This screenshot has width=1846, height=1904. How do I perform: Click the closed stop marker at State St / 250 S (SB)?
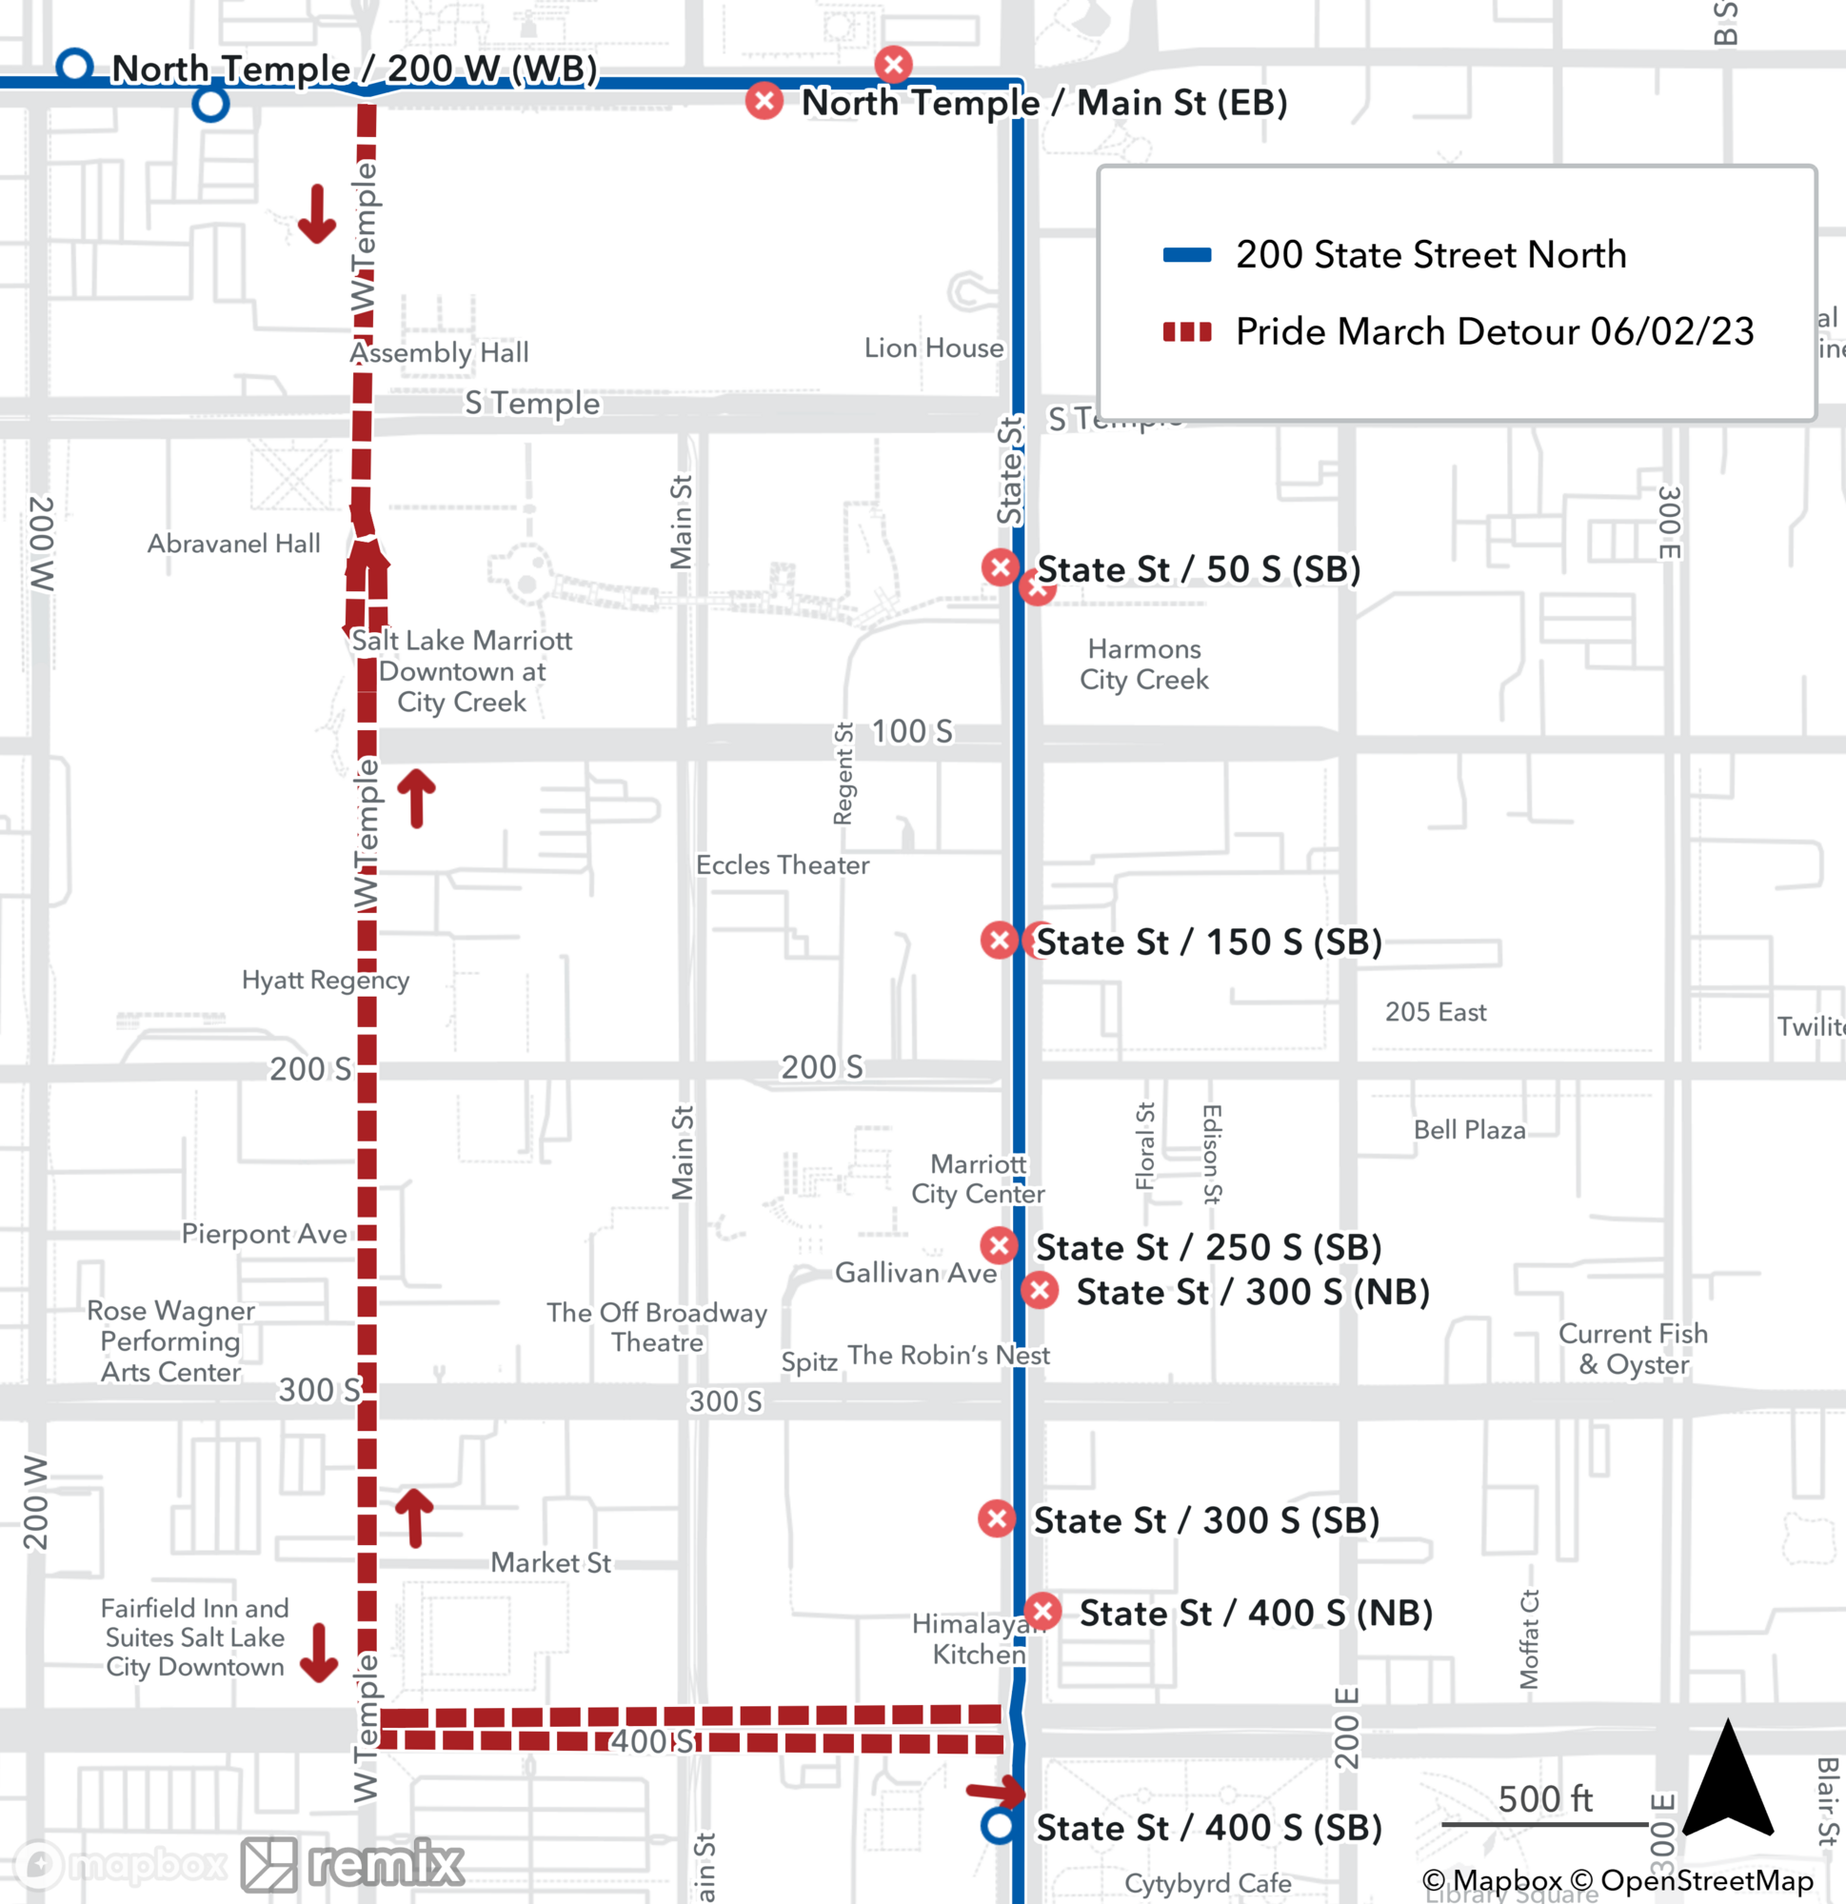(999, 1245)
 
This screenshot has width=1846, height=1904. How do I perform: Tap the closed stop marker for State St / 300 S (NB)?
(1040, 1291)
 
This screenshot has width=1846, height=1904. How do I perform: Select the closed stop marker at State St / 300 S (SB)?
(997, 1519)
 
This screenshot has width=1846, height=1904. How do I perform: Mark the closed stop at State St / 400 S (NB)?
(1042, 1612)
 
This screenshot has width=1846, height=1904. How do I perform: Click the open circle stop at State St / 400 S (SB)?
(999, 1826)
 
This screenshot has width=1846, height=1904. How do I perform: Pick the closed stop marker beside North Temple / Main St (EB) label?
(764, 101)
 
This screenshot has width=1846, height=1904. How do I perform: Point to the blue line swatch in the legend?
(1186, 255)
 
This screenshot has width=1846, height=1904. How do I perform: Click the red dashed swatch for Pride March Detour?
(1186, 332)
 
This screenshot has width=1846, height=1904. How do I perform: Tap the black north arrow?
(1727, 1779)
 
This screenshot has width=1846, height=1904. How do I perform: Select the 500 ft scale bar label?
(1545, 1799)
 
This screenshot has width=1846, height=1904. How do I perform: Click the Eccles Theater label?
(783, 864)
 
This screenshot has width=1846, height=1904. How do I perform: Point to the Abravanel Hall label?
(233, 543)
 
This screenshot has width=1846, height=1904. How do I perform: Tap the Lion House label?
(934, 347)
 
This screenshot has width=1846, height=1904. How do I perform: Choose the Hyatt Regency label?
(326, 980)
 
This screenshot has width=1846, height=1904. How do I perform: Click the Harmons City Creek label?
(1144, 664)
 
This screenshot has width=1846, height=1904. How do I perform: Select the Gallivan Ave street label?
(915, 1273)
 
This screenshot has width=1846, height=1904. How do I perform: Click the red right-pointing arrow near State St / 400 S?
(995, 1791)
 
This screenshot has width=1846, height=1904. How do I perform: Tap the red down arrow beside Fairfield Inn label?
(319, 1654)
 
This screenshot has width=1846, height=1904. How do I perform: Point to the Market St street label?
(550, 1562)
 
